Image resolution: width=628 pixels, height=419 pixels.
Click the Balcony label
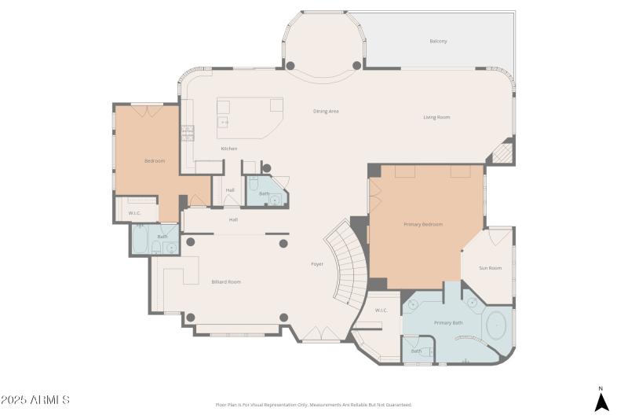(438, 41)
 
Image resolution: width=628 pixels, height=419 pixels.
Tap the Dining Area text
(326, 111)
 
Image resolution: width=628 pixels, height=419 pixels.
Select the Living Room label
(436, 117)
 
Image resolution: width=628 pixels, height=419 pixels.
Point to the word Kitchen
(228, 149)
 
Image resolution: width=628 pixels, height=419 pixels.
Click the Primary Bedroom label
(423, 224)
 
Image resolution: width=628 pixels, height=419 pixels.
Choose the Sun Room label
(490, 268)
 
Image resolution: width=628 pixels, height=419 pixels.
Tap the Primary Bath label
(448, 323)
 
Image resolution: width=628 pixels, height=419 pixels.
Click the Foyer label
(317, 263)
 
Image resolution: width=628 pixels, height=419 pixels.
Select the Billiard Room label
(226, 281)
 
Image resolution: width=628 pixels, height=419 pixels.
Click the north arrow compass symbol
(601, 400)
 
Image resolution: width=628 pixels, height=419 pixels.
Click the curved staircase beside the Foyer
(349, 263)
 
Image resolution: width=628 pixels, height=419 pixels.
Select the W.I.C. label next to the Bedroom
(134, 212)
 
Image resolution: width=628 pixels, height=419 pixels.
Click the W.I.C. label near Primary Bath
(382, 310)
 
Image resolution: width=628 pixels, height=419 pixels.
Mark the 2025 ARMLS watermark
(35, 400)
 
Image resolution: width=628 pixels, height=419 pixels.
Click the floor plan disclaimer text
(313, 405)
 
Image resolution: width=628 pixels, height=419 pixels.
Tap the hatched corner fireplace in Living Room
(502, 152)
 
